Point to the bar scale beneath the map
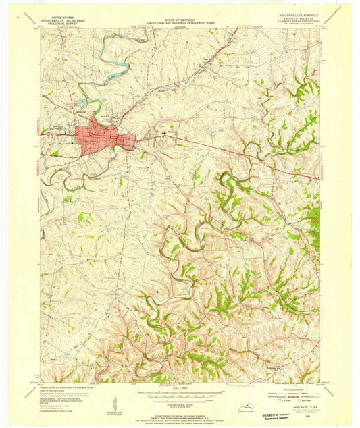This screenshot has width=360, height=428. point(180,394)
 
